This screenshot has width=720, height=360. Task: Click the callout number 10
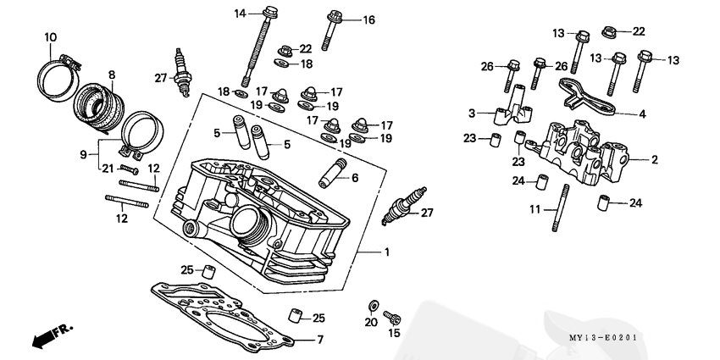(x=51, y=36)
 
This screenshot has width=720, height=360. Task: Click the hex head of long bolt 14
(x=270, y=13)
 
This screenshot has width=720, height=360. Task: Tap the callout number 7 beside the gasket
(x=320, y=341)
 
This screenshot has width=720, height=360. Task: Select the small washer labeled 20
(x=372, y=304)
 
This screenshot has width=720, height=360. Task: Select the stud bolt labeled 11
(x=560, y=211)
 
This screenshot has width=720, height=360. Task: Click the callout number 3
(x=471, y=113)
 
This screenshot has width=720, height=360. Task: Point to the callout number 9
(x=83, y=154)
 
